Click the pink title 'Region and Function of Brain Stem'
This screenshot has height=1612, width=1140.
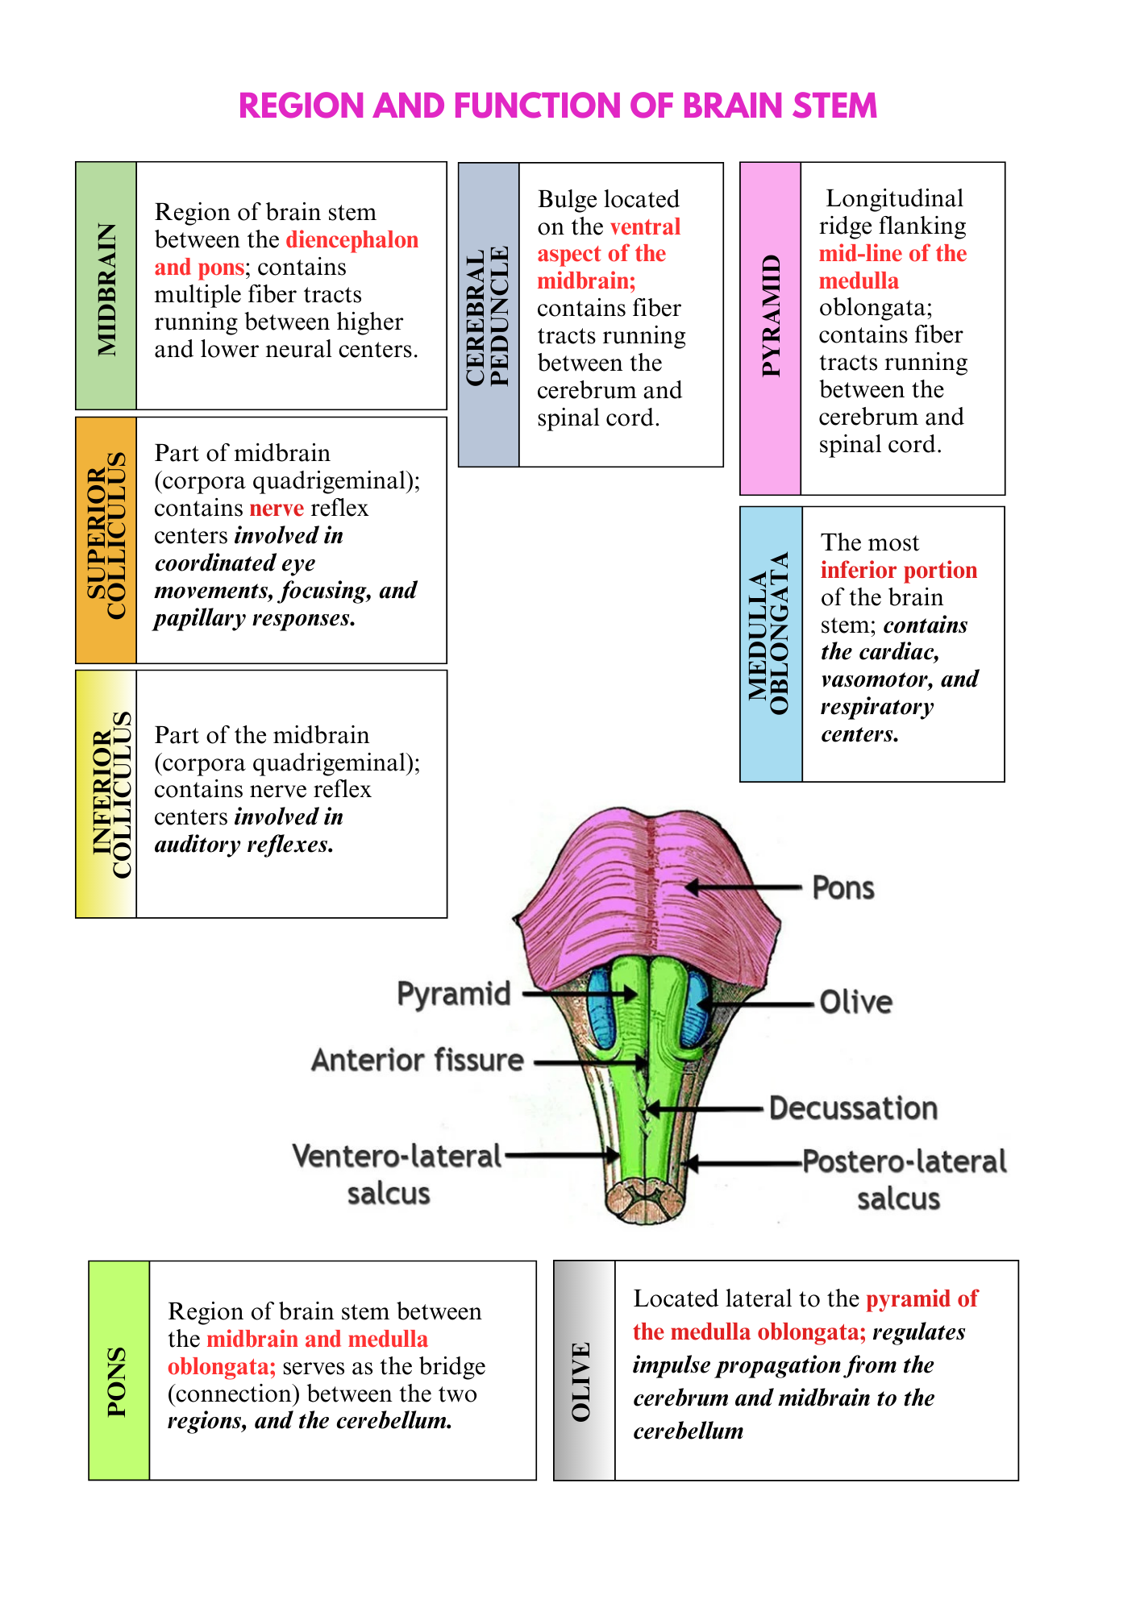(x=558, y=106)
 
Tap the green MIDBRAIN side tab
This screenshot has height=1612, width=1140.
(x=106, y=285)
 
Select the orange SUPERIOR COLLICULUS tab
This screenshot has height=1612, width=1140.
(x=106, y=540)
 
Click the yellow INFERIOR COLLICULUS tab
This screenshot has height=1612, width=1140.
(x=106, y=794)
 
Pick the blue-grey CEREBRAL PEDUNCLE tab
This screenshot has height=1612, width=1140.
(x=489, y=314)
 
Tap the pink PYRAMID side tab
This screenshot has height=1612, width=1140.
(x=770, y=328)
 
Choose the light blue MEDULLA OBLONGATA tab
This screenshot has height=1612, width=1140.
(x=771, y=644)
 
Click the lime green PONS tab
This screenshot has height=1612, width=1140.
(x=119, y=1370)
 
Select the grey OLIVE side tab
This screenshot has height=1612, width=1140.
(x=585, y=1370)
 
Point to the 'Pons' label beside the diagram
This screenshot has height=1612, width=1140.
(x=843, y=888)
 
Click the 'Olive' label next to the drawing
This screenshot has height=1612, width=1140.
(x=856, y=1003)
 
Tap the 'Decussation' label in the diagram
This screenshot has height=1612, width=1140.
(x=853, y=1108)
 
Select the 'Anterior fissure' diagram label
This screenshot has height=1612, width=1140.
(x=418, y=1061)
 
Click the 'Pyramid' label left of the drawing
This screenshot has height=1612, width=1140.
(x=454, y=995)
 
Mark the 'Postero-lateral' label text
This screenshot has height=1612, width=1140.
(x=905, y=1161)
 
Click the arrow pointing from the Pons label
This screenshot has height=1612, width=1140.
(x=743, y=887)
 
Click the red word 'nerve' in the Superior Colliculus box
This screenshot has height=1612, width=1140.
(x=277, y=508)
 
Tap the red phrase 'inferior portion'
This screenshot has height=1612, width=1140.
(x=899, y=571)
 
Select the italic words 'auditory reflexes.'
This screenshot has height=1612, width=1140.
(x=244, y=845)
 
